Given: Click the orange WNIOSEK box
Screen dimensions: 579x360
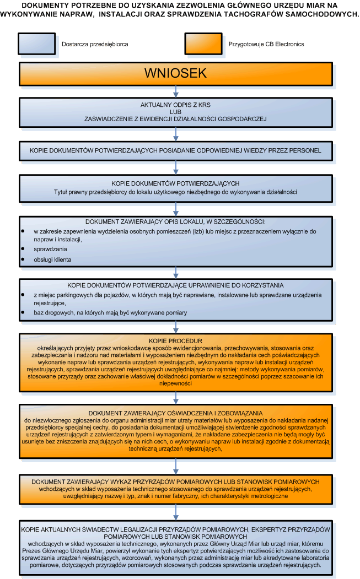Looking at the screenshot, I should tap(176, 73).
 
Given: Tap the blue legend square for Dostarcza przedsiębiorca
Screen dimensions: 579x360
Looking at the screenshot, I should tap(37, 44).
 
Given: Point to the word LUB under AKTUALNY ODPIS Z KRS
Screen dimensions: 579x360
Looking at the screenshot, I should tap(176, 111).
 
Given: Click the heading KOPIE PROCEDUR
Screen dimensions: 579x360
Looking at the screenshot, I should tap(176, 341).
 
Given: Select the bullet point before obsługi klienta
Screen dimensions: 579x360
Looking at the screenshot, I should tap(23, 259).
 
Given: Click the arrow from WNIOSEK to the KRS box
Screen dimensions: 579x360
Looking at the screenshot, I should tap(176, 91).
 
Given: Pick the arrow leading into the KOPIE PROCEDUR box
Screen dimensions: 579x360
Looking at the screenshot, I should tap(176, 327).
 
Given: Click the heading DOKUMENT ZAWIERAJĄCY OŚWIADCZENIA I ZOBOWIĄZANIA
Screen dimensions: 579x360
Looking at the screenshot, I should tap(176, 413).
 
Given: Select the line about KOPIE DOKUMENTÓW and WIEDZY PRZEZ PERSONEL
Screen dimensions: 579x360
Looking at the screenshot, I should tap(176, 150).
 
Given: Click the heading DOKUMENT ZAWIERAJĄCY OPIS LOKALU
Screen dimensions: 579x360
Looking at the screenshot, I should tap(176, 222).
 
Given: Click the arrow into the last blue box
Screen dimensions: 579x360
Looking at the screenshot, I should tap(176, 512).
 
